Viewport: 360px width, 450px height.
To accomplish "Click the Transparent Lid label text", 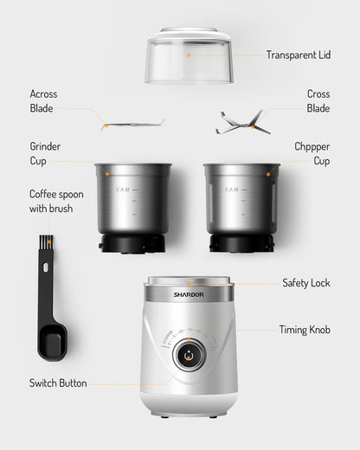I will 299,54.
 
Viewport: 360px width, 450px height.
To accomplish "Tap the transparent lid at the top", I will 189,55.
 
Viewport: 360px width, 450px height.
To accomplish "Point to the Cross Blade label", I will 318,101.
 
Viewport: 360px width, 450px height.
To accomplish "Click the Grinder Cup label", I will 45,154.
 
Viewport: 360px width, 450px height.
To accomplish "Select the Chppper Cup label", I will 312,154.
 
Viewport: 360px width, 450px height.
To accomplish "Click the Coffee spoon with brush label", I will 56,201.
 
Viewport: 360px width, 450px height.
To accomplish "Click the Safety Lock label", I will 306,283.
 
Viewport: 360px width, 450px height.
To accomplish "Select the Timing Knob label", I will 304,330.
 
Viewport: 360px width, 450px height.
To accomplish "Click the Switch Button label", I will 58,383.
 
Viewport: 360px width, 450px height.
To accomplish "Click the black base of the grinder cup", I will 134,244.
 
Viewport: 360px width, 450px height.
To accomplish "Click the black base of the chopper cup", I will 241,244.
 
